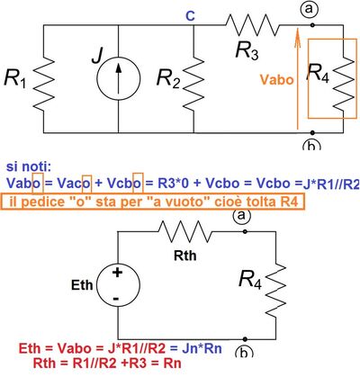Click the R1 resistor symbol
pyautogui.click(x=43, y=83)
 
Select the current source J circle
pyautogui.click(x=119, y=78)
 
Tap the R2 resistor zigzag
pyautogui.click(x=193, y=83)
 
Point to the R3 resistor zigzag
pyautogui.click(x=252, y=25)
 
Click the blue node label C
pyautogui.click(x=190, y=16)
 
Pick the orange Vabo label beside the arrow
pyautogui.click(x=276, y=80)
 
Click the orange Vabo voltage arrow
pyautogui.click(x=297, y=78)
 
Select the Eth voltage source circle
pyautogui.click(x=118, y=285)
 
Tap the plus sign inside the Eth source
pyautogui.click(x=117, y=273)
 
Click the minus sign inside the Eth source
pyautogui.click(x=116, y=299)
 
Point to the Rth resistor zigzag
pyautogui.click(x=184, y=231)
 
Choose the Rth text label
pyautogui.click(x=185, y=256)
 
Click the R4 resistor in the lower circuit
pyautogui.click(x=275, y=290)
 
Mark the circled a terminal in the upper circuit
pyautogui.click(x=309, y=9)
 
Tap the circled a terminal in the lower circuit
pyautogui.click(x=241, y=215)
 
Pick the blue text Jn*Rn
pyautogui.click(x=202, y=349)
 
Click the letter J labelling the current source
pyautogui.click(x=96, y=56)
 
